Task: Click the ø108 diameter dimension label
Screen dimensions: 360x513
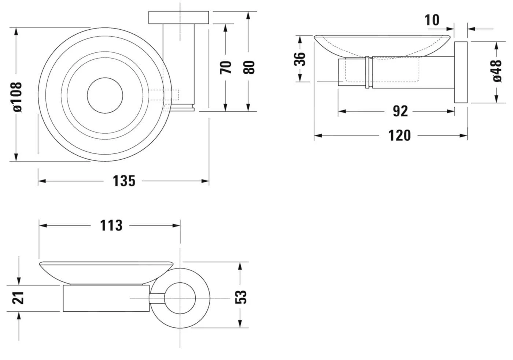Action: pyautogui.click(x=18, y=96)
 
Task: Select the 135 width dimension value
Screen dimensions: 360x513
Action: pyautogui.click(x=124, y=181)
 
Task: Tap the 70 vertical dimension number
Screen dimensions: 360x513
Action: pyautogui.click(x=226, y=67)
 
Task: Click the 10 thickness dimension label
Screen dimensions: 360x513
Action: pyautogui.click(x=432, y=20)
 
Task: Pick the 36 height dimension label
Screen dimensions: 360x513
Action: pyautogui.click(x=300, y=59)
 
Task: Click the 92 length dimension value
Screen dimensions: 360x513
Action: pyautogui.click(x=400, y=111)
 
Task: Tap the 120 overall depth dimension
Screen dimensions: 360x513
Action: pyautogui.click(x=399, y=136)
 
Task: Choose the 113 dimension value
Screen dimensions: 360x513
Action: pyautogui.click(x=111, y=226)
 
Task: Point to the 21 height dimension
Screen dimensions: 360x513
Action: pyautogui.click(x=18, y=297)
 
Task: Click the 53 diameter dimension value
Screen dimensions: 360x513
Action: pyautogui.click(x=241, y=297)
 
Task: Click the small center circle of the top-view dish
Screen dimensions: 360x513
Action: pyautogui.click(x=105, y=95)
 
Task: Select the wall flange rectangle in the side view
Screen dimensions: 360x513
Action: pyautogui.click(x=461, y=73)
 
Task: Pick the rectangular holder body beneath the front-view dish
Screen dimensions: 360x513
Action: pyautogui.click(x=106, y=298)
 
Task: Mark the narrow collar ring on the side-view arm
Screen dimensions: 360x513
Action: pyautogui.click(x=367, y=73)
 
